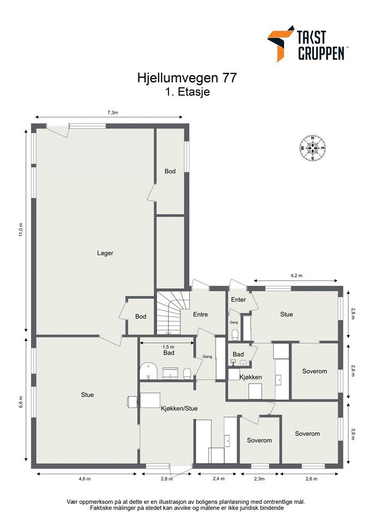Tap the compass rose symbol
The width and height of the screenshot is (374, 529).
[x=313, y=148]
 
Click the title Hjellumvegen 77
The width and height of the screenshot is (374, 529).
[x=187, y=78]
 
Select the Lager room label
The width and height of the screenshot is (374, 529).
[x=105, y=253]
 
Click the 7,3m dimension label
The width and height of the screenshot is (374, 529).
[x=113, y=113]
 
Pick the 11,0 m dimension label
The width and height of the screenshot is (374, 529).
[x=21, y=230]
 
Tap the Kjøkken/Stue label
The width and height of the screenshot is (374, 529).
[x=179, y=408]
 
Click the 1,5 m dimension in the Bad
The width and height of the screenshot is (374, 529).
[x=168, y=347]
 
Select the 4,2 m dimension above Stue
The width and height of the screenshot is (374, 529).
[x=297, y=275]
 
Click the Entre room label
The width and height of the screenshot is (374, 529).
[x=200, y=315]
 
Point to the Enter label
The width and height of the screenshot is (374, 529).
[x=239, y=300]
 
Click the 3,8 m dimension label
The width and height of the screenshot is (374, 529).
[x=353, y=433]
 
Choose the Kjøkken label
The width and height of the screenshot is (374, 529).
[x=251, y=377]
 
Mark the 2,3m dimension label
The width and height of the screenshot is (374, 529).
[x=259, y=478]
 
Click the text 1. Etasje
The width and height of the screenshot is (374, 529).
[x=188, y=92]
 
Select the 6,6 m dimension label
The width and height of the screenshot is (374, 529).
[x=21, y=402]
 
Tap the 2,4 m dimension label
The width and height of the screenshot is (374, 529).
[x=218, y=478]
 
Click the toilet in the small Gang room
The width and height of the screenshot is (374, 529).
[x=236, y=335]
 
